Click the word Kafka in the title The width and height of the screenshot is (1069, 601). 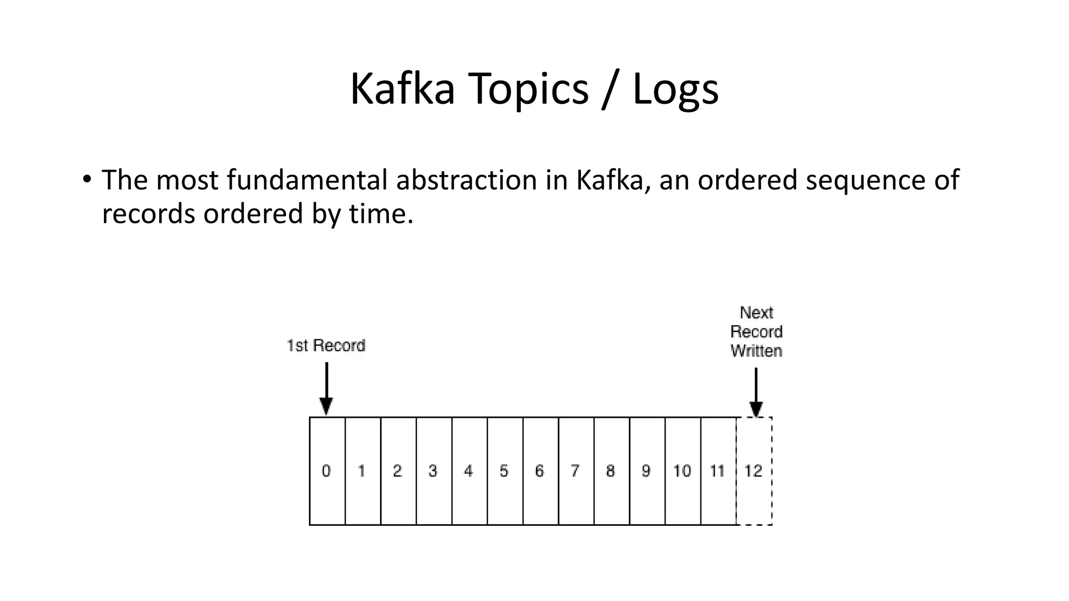pos(402,89)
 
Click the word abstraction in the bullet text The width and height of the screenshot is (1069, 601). pos(466,180)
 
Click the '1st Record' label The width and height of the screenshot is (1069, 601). pos(326,345)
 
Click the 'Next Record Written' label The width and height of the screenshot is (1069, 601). pos(756,332)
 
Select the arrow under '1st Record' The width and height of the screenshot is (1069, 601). pos(326,389)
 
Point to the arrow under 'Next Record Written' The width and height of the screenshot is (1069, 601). pos(756,392)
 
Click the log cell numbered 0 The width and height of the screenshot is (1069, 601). pos(327,471)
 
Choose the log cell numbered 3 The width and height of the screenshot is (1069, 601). pos(433,471)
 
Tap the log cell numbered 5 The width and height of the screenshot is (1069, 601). pos(504,471)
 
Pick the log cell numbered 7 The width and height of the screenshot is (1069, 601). pos(576,471)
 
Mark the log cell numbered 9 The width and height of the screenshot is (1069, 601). pos(647,471)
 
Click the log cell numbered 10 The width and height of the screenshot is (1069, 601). pos(682,471)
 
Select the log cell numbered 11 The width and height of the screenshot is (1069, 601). pos(718,471)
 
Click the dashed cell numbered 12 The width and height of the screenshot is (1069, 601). pos(754,471)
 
